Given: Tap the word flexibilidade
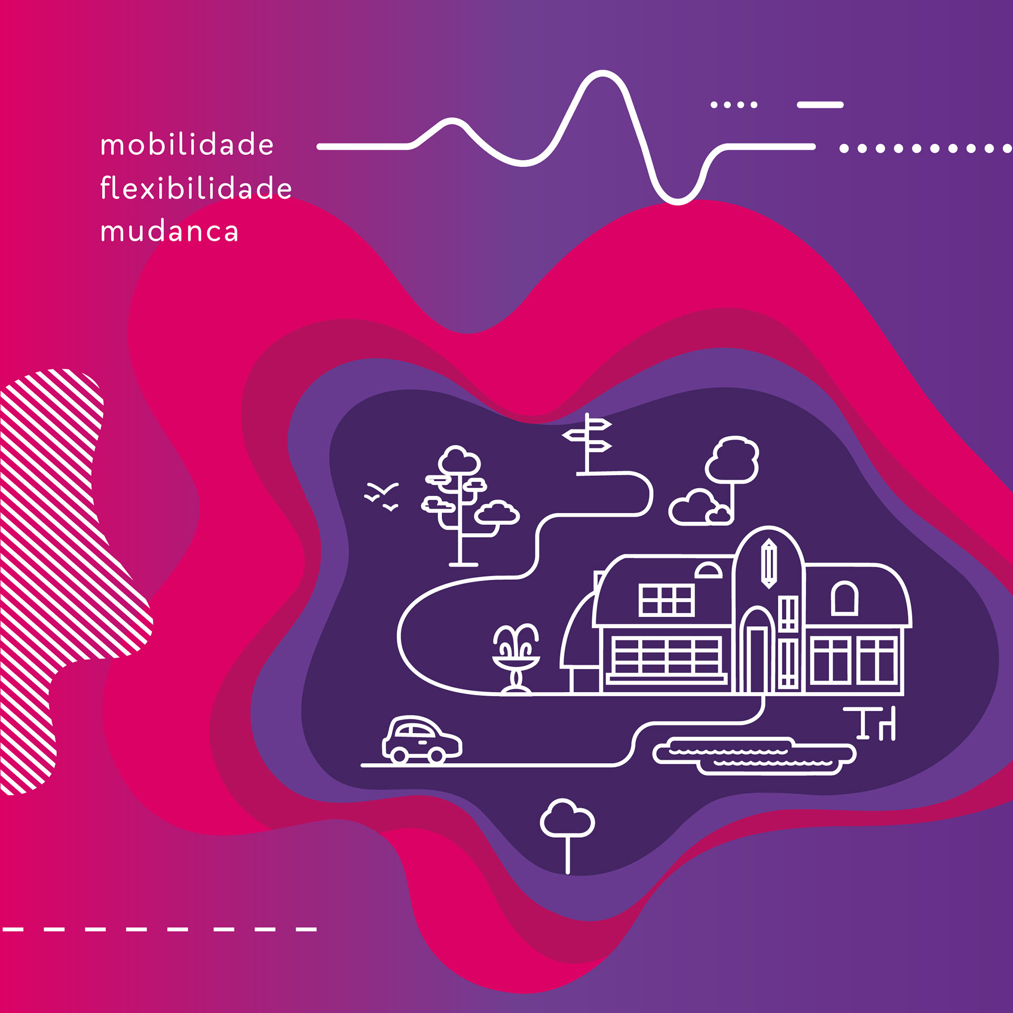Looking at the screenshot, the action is tap(196, 188).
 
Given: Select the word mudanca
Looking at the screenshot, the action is tap(169, 231).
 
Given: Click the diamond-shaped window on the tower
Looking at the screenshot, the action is tap(769, 563).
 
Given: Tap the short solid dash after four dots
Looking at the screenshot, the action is tap(820, 105).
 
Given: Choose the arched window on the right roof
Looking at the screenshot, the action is tap(845, 598).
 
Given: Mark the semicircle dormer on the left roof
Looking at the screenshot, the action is tap(708, 571).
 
